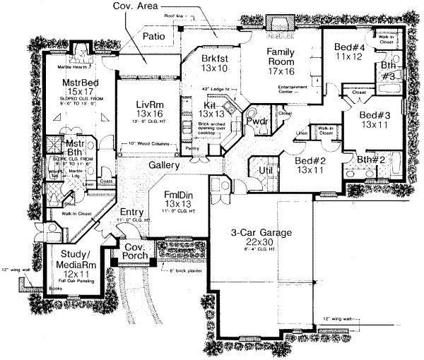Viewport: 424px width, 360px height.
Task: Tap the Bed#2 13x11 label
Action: point(310,165)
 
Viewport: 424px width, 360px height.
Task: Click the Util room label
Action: point(266,169)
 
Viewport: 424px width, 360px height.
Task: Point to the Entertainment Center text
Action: point(283,88)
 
